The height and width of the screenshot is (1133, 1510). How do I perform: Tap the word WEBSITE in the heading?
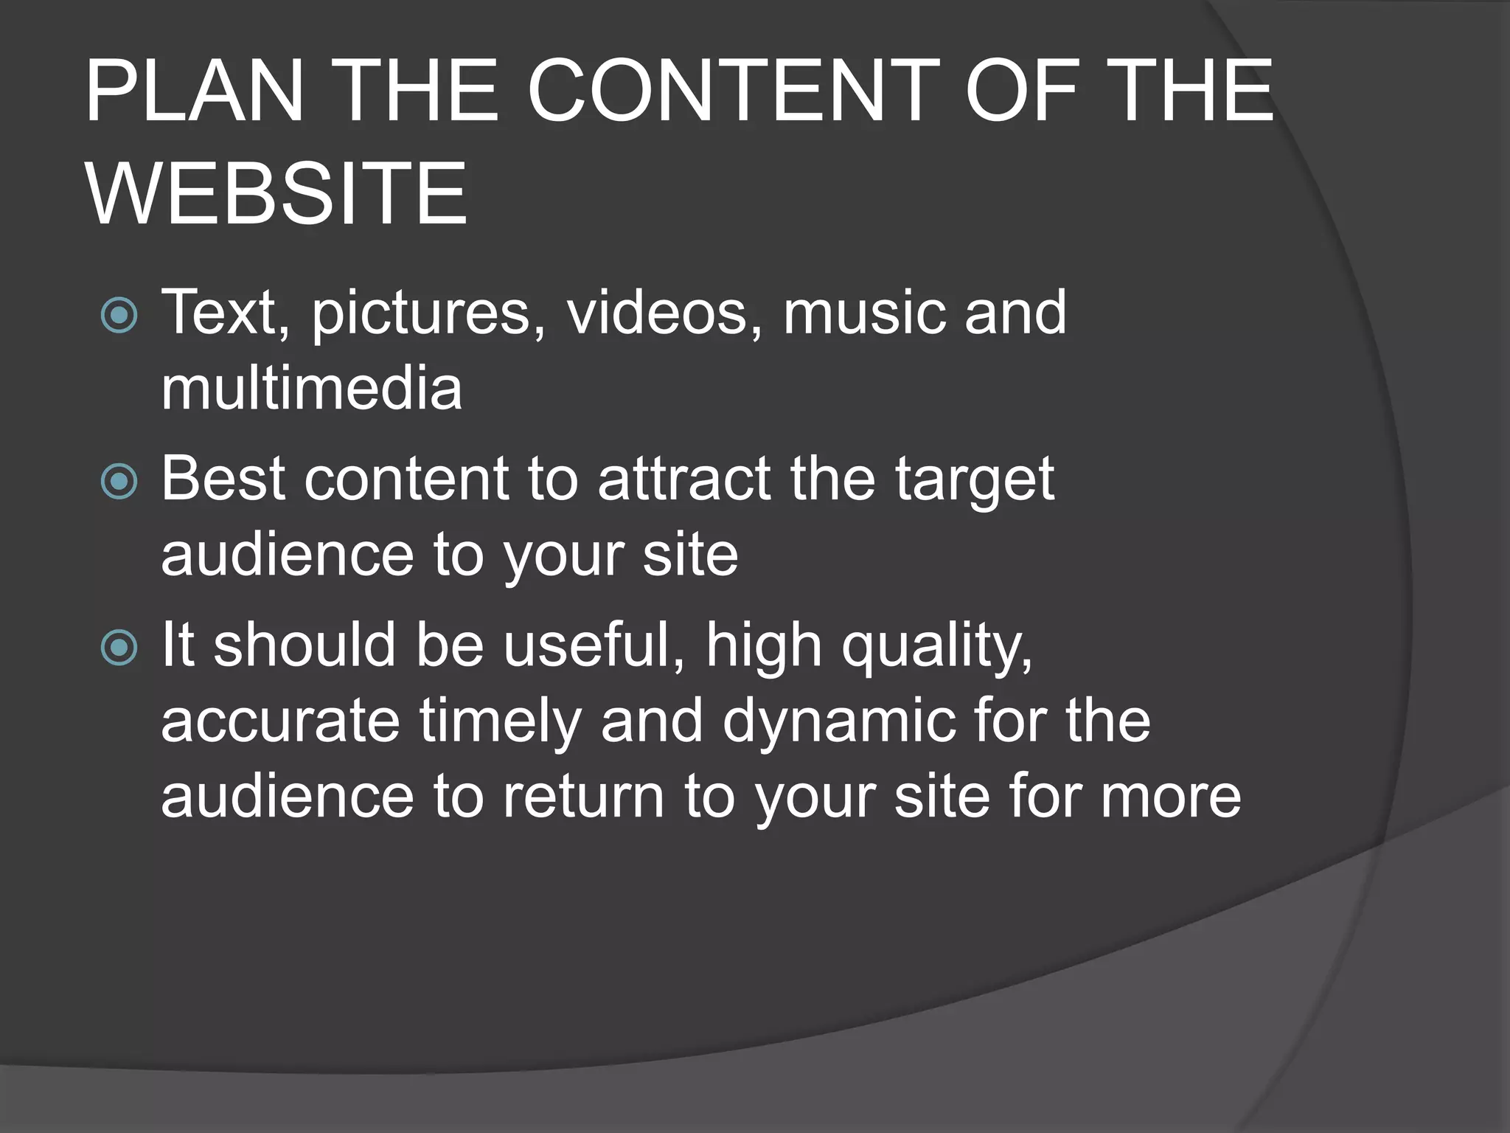[276, 194]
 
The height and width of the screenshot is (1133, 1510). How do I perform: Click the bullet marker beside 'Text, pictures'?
[119, 316]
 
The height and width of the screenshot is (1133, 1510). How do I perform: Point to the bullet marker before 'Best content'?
[119, 482]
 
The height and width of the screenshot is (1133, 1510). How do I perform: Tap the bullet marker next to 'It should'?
[119, 648]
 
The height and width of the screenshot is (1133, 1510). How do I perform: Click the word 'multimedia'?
[311, 388]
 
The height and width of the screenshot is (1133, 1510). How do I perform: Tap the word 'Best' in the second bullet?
[223, 479]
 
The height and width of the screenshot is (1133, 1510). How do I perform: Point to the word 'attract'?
[684, 479]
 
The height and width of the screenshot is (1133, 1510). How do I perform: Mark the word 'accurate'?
[280, 721]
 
